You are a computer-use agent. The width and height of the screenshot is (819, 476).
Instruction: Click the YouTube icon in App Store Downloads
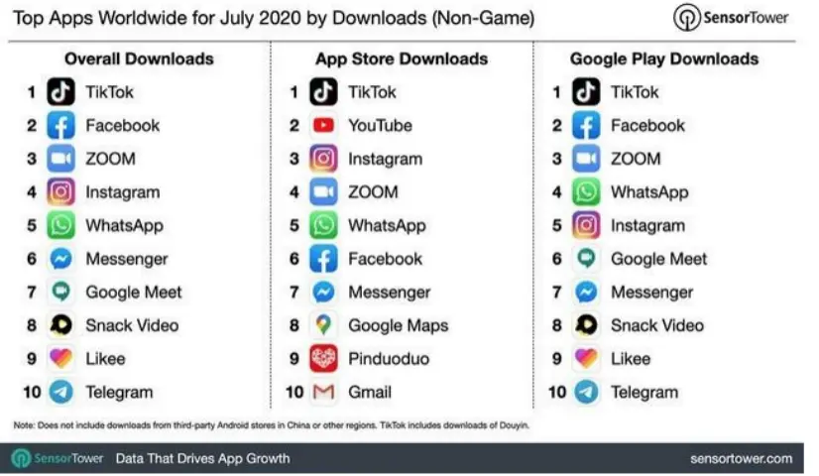(323, 126)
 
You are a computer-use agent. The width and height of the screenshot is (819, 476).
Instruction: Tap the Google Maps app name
(398, 325)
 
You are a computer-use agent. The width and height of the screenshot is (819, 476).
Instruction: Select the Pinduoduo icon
(323, 359)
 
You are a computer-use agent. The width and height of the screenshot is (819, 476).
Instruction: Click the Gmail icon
(323, 393)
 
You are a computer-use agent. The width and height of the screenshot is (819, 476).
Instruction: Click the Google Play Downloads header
(664, 59)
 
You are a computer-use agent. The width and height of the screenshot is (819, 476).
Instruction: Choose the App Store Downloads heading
(402, 59)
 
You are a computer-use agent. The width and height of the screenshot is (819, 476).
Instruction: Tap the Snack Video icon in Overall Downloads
(61, 325)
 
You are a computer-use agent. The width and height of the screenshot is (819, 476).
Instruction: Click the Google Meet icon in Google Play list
(586, 259)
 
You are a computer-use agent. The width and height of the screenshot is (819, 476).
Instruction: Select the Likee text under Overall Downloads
(105, 359)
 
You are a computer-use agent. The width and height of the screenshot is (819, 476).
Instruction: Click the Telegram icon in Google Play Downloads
(586, 393)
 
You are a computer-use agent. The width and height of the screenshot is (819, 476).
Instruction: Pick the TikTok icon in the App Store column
(323, 92)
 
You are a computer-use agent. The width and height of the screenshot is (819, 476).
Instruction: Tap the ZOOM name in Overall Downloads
(110, 159)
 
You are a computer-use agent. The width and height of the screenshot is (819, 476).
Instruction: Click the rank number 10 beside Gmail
(294, 393)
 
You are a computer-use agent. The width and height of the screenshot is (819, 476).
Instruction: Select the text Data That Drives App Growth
(202, 458)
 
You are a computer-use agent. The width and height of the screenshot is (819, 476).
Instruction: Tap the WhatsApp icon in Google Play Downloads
(586, 192)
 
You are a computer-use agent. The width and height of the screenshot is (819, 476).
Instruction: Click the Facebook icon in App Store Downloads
(323, 259)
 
